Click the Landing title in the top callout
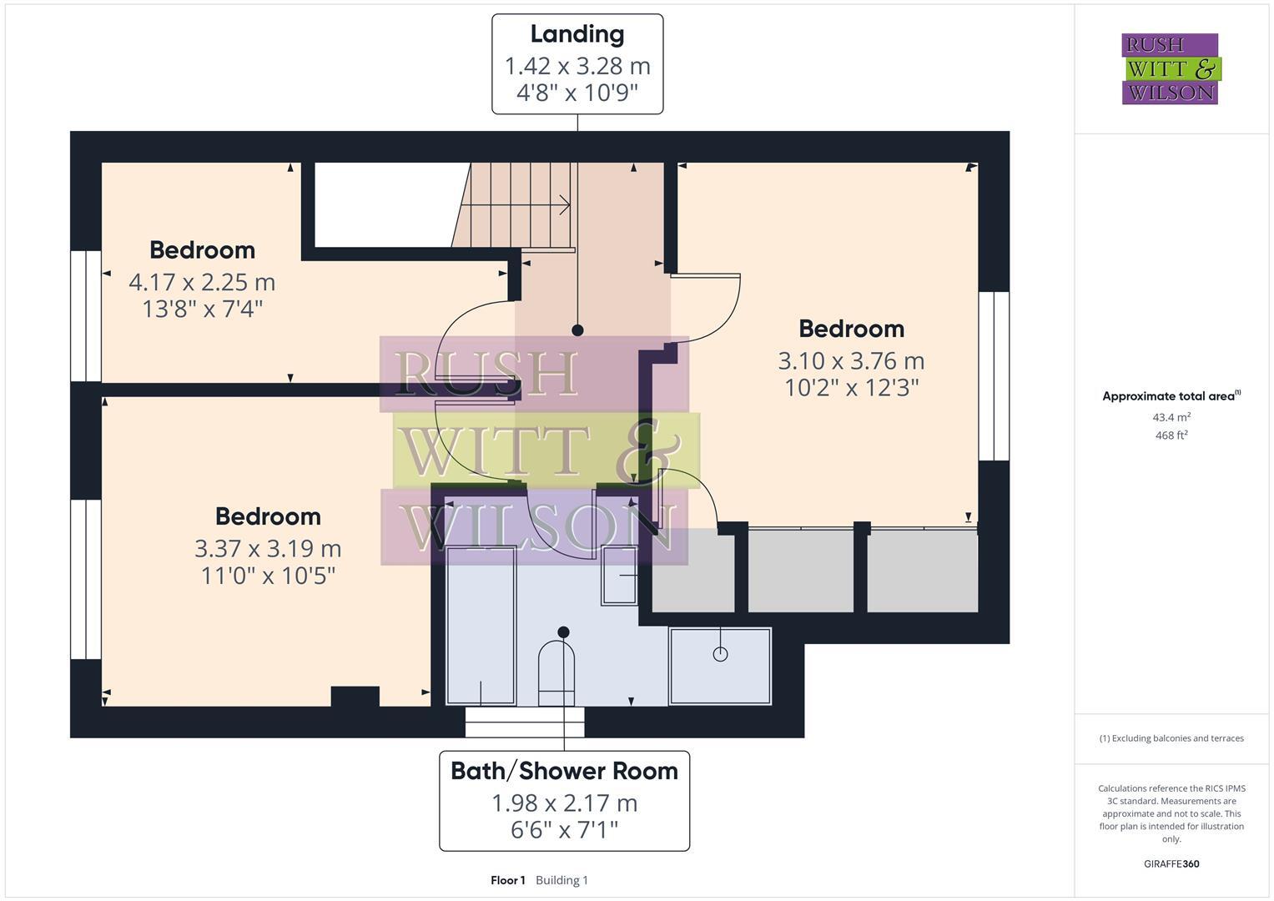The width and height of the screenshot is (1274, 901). click(x=577, y=34)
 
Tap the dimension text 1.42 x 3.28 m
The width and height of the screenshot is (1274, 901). click(x=577, y=65)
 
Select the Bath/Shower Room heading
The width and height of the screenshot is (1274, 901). click(x=564, y=771)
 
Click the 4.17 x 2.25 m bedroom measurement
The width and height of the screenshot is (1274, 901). click(x=202, y=282)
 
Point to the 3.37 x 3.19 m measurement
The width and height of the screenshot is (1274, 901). click(x=268, y=548)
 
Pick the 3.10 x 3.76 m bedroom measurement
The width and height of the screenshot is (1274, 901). click(x=851, y=360)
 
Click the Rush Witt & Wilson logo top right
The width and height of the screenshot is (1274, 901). click(x=1170, y=69)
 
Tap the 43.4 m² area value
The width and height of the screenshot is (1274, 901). click(x=1171, y=417)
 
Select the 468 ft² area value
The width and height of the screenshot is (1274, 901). click(x=1171, y=435)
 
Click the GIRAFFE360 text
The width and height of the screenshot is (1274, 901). click(x=1171, y=863)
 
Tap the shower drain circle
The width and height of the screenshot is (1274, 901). click(x=720, y=654)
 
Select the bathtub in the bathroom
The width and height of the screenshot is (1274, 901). click(x=481, y=626)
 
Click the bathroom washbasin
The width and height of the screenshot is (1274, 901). click(x=619, y=576)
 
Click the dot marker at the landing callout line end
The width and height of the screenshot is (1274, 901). click(x=577, y=330)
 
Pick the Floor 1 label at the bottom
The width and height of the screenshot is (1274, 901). click(x=507, y=880)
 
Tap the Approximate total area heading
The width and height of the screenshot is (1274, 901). click(x=1171, y=396)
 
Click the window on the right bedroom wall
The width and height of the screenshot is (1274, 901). click(x=994, y=375)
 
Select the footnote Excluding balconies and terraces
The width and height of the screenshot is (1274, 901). click(x=1171, y=738)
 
